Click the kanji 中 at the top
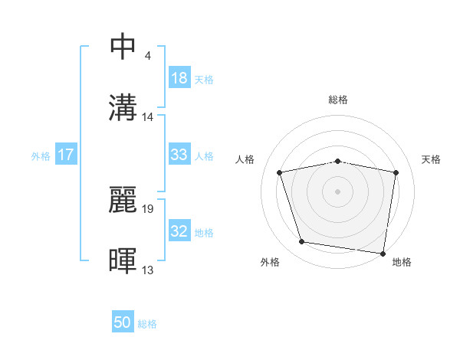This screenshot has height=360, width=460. [x=123, y=46]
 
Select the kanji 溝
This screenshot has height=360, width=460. [x=123, y=107]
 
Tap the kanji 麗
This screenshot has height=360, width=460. [x=123, y=198]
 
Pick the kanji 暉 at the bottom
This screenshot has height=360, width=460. [x=123, y=260]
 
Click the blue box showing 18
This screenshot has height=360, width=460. [x=179, y=78]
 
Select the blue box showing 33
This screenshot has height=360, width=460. [x=179, y=155]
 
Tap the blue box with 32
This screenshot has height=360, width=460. [x=179, y=231]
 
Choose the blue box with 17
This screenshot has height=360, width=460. [x=66, y=155]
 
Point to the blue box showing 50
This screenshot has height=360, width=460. [x=123, y=322]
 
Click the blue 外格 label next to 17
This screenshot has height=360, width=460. [x=41, y=155]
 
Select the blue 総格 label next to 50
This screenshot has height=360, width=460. [x=147, y=324]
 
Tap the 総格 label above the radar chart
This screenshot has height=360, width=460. [x=337, y=100]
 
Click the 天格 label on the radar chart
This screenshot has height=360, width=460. [x=432, y=159]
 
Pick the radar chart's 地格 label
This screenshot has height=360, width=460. [x=402, y=263]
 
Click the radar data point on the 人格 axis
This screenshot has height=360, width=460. [x=280, y=172]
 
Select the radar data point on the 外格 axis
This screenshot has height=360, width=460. [x=302, y=242]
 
